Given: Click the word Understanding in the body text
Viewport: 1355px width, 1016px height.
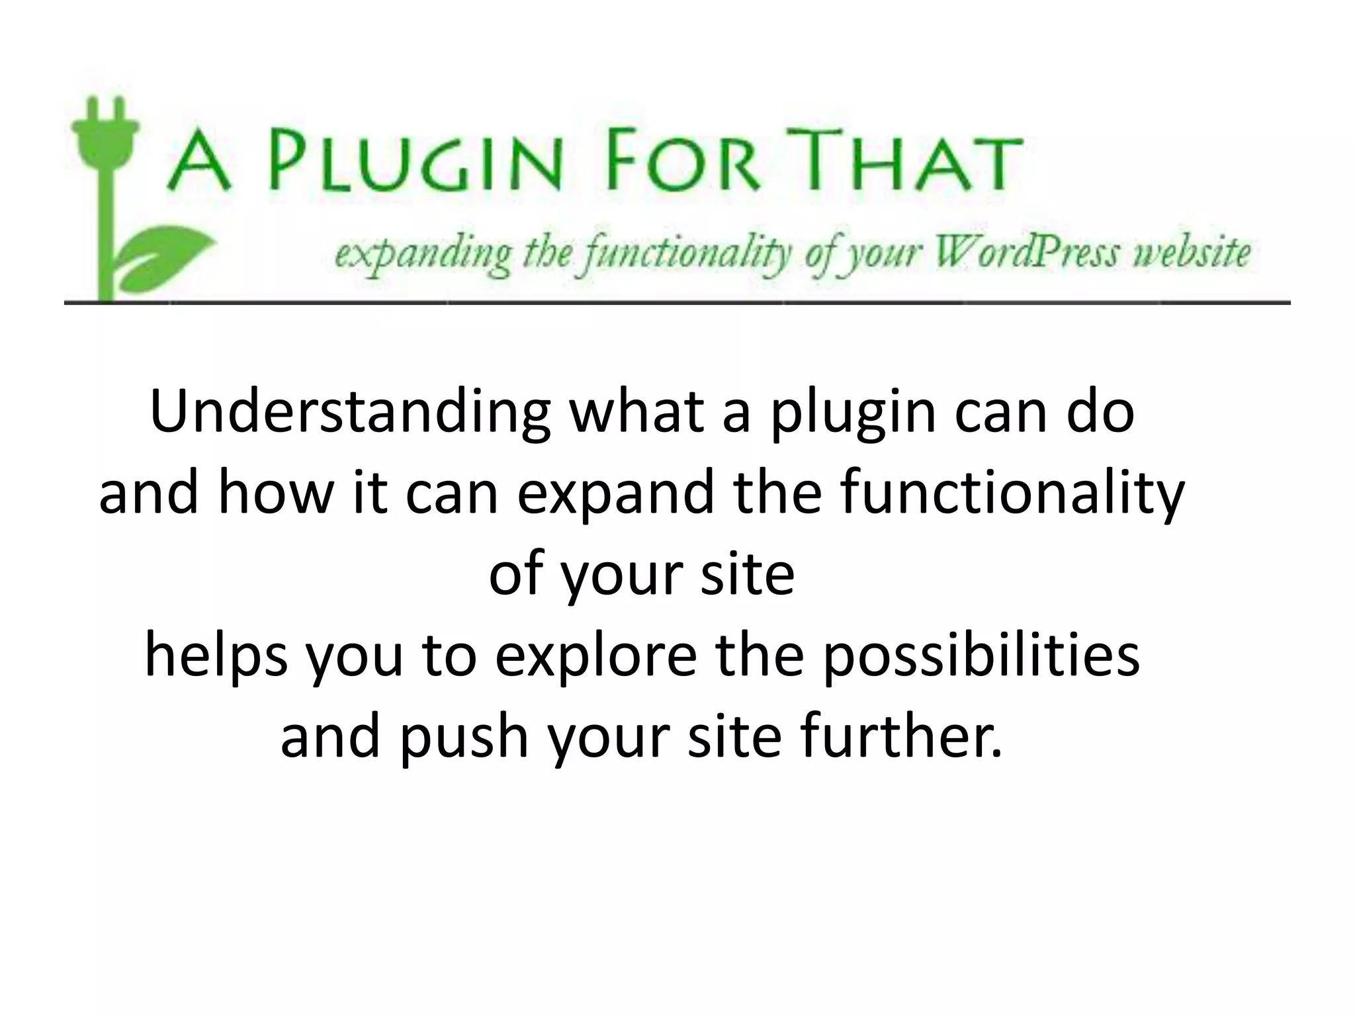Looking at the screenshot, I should [x=350, y=413].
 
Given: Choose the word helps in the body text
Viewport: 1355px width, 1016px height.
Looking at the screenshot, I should [x=216, y=659].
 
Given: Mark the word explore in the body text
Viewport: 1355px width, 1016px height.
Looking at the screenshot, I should [x=595, y=659].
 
